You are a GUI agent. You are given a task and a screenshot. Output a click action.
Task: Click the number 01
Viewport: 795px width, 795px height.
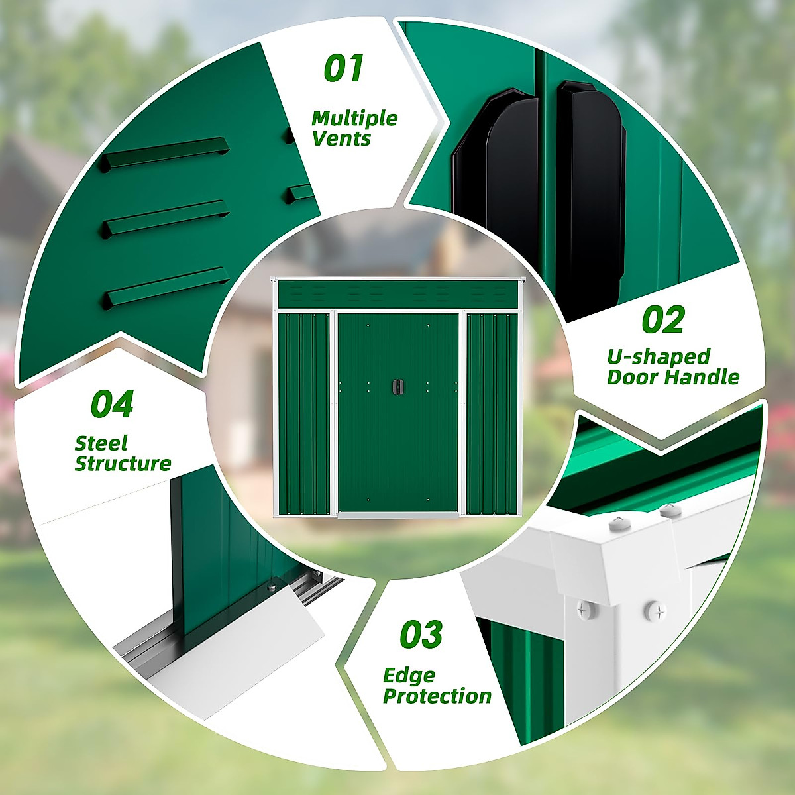click(x=344, y=69)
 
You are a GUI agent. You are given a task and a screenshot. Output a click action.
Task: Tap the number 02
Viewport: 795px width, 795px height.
click(x=662, y=321)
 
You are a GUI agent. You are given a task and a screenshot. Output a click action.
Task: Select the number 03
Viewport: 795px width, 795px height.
click(x=421, y=635)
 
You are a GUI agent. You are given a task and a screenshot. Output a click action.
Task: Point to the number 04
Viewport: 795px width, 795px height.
click(x=112, y=404)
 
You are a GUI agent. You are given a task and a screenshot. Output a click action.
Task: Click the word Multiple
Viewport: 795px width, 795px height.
click(x=354, y=119)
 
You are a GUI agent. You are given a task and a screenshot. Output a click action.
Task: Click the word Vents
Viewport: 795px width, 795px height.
click(x=342, y=139)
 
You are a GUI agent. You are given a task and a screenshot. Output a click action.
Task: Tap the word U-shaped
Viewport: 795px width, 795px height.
click(x=659, y=357)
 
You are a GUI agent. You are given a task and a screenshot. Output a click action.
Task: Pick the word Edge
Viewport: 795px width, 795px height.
click(x=409, y=676)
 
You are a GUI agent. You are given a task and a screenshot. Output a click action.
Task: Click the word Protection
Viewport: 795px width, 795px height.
click(x=437, y=696)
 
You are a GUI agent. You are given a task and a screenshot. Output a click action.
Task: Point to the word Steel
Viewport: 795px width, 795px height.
click(x=101, y=443)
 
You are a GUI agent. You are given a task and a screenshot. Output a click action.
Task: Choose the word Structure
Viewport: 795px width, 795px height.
click(x=123, y=464)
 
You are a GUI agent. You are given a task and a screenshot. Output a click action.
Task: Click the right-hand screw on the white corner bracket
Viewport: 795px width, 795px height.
click(x=655, y=609)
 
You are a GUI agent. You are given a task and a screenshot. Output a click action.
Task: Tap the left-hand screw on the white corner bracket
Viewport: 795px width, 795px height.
click(x=584, y=608)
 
